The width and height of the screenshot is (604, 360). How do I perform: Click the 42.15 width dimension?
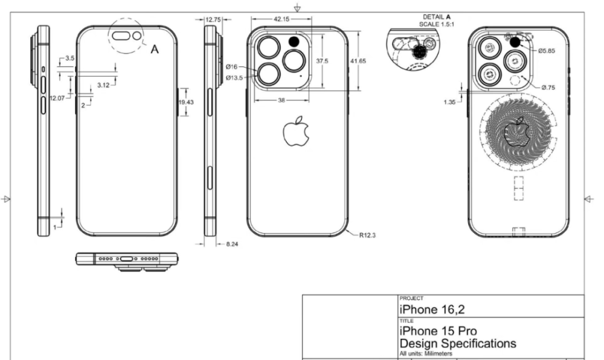pos(281,19)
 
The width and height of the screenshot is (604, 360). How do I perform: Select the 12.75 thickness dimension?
pos(213,20)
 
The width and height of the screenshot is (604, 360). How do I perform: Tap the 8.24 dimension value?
pos(232,243)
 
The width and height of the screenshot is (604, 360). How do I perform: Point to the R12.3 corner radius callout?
pos(367,235)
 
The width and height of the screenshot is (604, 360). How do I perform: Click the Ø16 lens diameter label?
pos(231,67)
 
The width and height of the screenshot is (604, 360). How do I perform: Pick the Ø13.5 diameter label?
pos(234,78)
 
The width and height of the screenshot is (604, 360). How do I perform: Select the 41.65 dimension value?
pos(358,61)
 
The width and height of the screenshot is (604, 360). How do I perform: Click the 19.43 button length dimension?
pos(185,102)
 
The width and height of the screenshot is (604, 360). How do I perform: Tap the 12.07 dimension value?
pos(57,98)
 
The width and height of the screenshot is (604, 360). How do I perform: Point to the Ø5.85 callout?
pos(547,51)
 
